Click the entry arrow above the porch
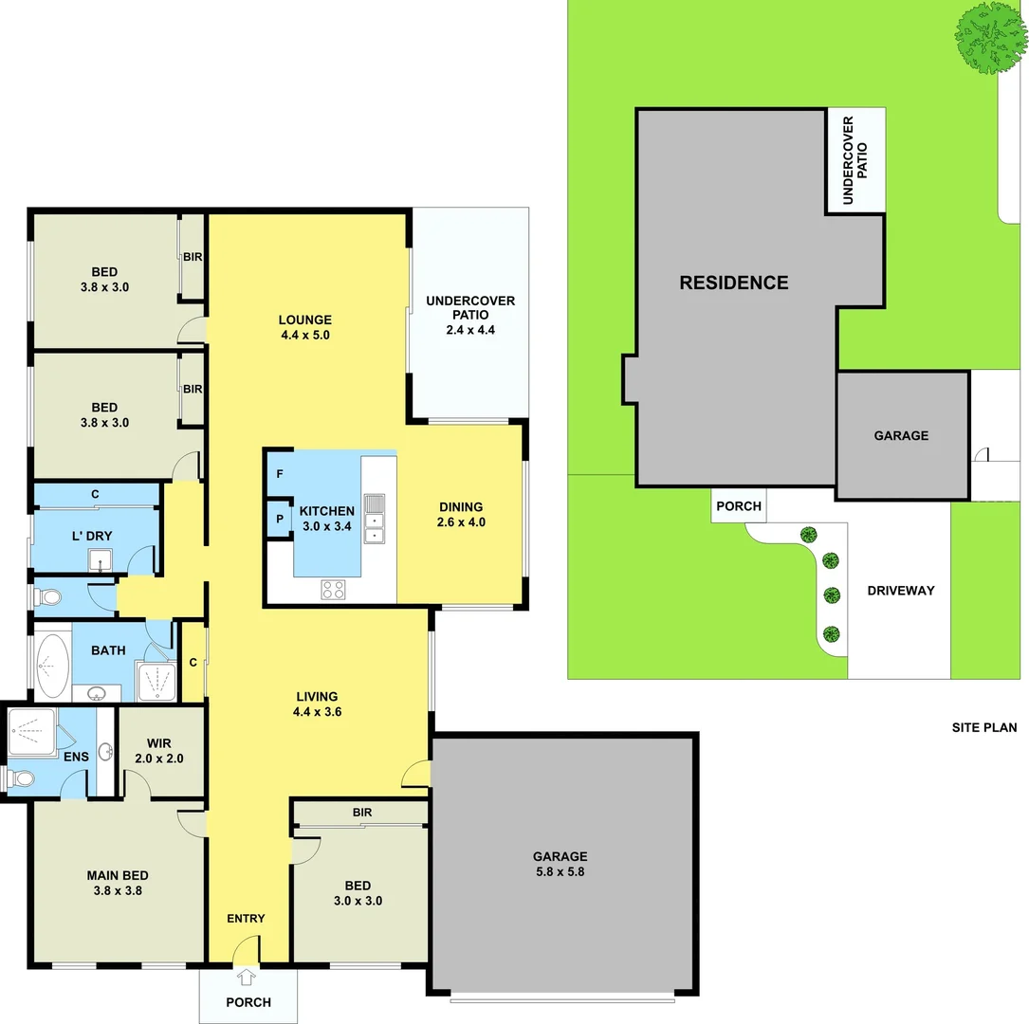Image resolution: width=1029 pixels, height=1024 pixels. [248, 977]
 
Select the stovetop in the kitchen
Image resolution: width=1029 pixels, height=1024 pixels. [333, 589]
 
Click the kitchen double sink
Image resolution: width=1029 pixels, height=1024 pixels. [375, 519]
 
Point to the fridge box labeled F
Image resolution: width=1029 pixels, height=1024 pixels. [280, 473]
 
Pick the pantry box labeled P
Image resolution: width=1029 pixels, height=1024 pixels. [280, 519]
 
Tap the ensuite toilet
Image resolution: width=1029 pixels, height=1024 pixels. [20, 779]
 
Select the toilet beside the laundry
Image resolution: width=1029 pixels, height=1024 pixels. [49, 597]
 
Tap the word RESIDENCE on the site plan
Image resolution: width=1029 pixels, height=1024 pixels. [733, 283]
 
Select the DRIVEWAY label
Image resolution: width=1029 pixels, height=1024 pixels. [900, 591]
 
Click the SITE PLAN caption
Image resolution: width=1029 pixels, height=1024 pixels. [983, 728]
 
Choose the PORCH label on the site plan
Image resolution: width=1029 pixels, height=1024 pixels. [738, 506]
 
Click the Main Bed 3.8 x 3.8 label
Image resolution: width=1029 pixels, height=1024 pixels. [118, 883]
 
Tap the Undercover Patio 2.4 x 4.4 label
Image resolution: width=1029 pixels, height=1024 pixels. [470, 316]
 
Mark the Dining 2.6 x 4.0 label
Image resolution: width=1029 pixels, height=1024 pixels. [460, 514]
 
